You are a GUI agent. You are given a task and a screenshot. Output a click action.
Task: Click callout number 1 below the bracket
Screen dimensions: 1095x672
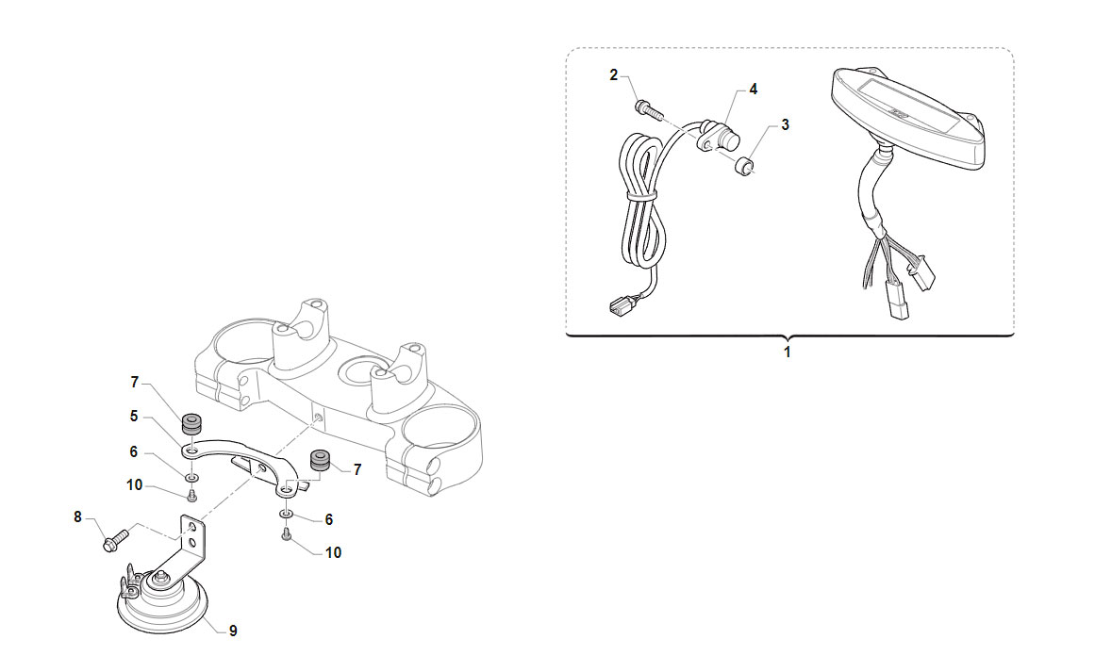[787, 352]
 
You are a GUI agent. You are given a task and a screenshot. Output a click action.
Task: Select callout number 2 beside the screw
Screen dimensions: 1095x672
[614, 74]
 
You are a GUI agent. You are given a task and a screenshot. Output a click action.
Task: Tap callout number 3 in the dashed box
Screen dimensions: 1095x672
[785, 125]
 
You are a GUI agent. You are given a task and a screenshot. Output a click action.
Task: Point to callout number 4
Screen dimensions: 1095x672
[753, 90]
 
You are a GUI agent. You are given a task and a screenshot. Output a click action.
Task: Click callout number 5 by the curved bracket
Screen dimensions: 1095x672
[134, 417]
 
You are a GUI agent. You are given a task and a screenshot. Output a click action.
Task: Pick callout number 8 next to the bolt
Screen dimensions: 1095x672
[77, 517]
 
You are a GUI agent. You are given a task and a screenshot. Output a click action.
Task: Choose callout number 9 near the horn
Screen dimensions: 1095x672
[233, 631]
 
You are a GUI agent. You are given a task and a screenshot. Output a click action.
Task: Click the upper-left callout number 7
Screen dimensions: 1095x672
[135, 383]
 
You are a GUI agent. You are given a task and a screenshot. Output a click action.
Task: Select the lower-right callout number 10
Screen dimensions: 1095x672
[333, 552]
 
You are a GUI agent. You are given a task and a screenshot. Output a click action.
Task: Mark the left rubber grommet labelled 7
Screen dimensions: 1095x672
[191, 423]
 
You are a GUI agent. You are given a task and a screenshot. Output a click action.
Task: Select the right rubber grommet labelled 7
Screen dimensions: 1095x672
[319, 461]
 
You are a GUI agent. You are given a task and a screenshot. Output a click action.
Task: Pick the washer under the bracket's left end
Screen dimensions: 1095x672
[191, 477]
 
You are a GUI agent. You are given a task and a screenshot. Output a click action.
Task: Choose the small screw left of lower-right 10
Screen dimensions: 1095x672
[287, 534]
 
